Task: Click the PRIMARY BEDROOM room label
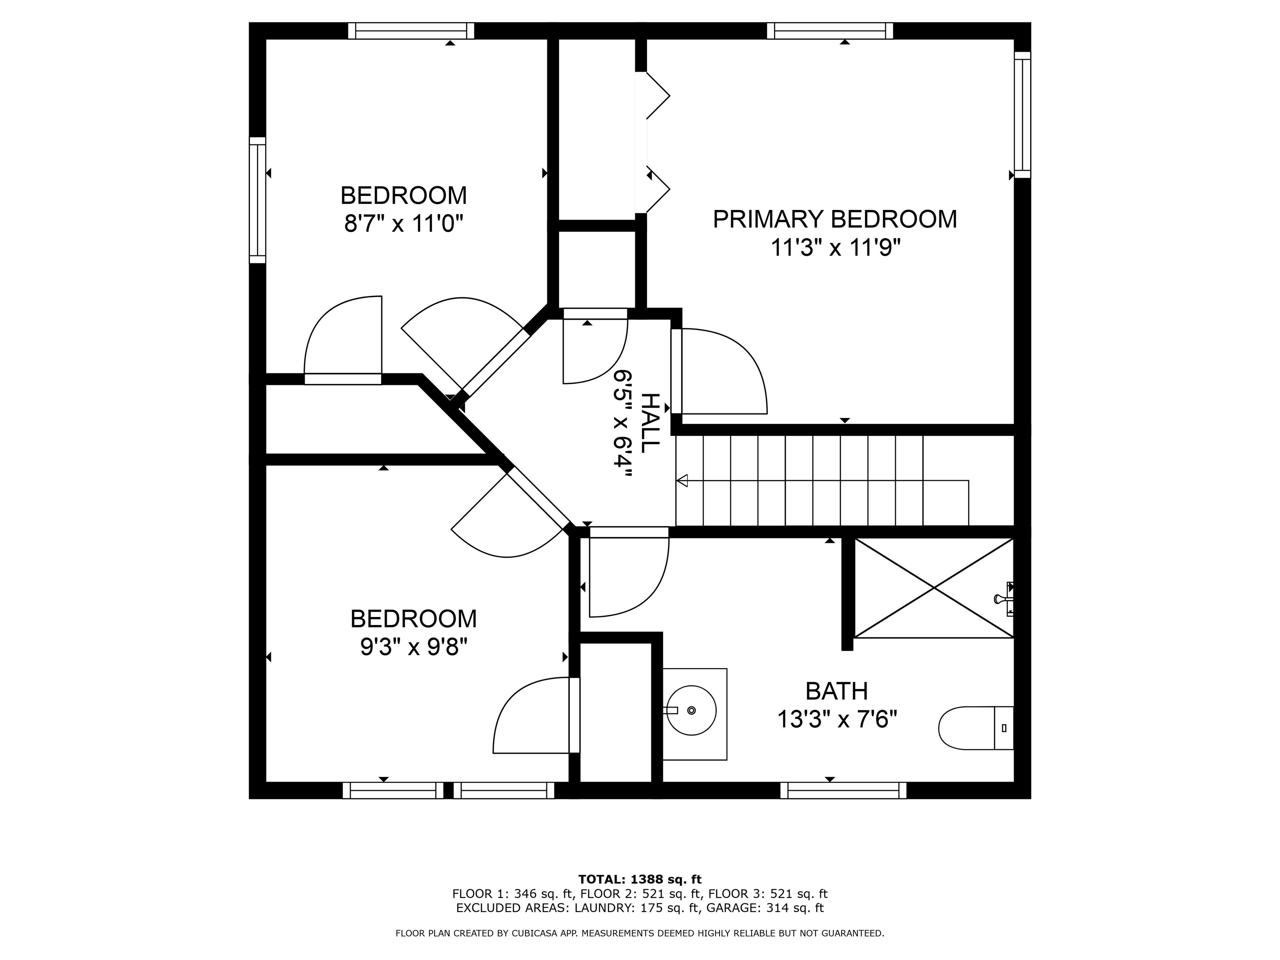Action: (x=835, y=219)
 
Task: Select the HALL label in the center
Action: (x=650, y=423)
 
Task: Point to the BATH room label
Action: (x=836, y=691)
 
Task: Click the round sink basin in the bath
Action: (x=692, y=710)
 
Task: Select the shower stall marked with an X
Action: (x=933, y=588)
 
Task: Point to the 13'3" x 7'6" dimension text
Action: (x=836, y=720)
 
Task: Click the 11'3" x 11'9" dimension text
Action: (x=835, y=248)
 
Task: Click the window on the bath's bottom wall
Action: (x=843, y=790)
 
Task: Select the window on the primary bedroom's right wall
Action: (x=1022, y=115)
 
